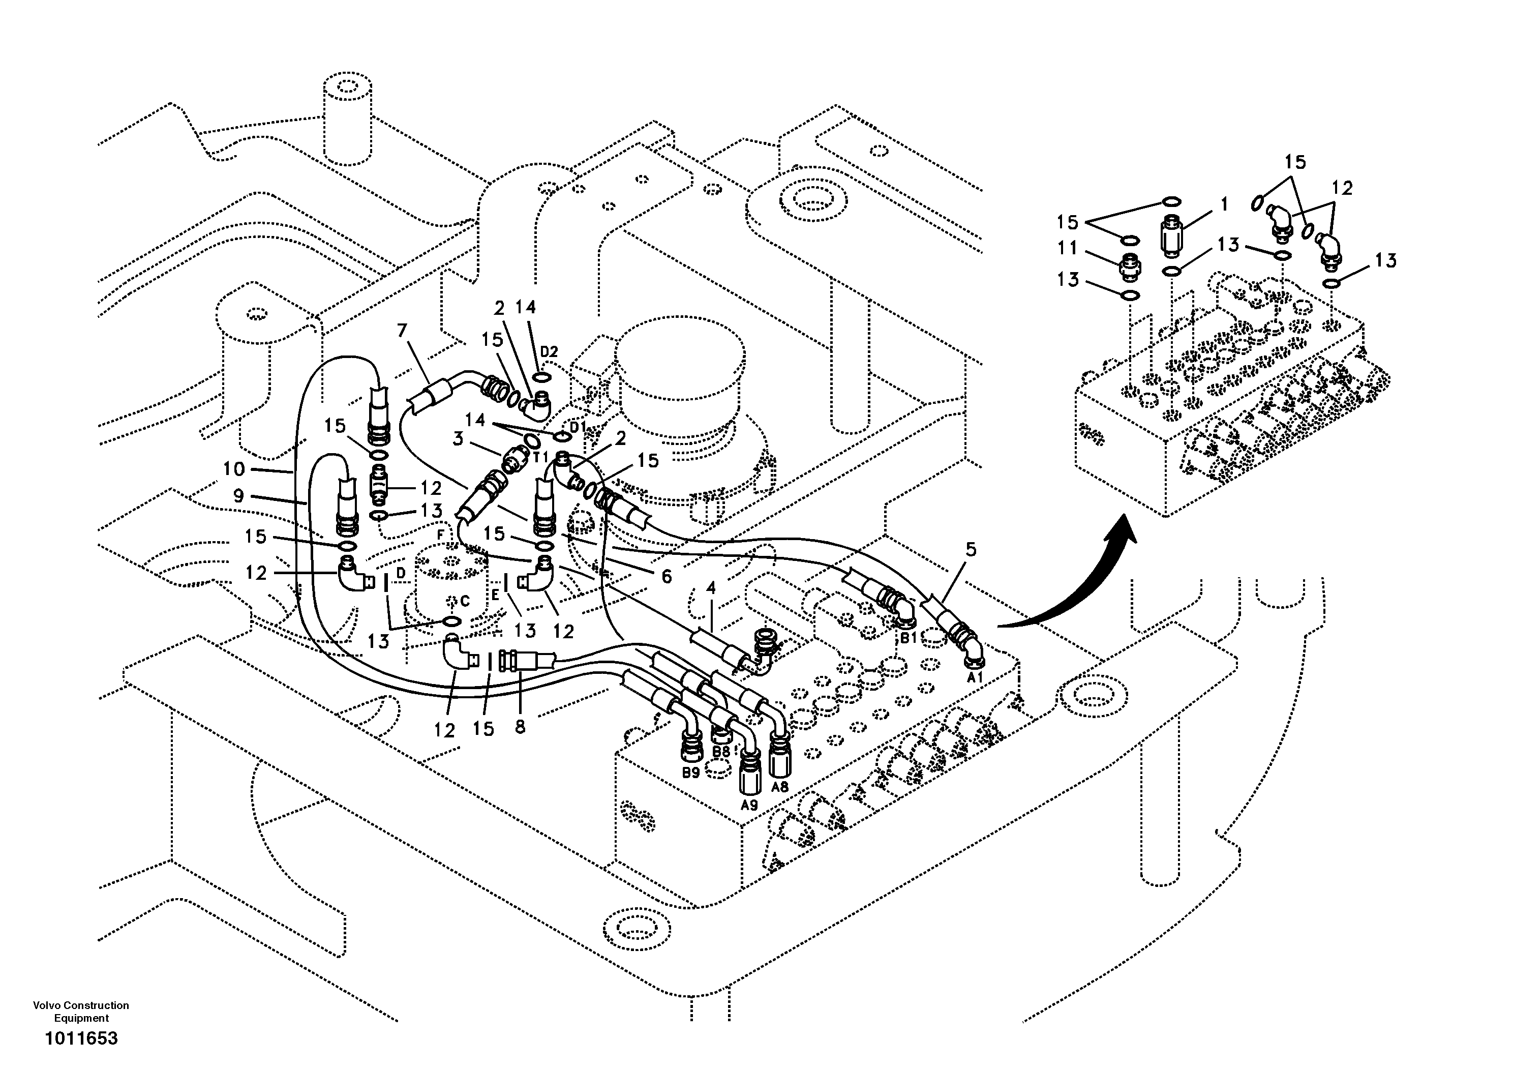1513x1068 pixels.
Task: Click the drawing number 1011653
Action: [81, 1039]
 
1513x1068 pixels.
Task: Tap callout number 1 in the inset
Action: [1224, 204]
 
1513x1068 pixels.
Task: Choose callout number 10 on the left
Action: [234, 469]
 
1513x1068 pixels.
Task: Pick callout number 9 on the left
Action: [238, 496]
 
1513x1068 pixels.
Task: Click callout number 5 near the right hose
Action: [971, 549]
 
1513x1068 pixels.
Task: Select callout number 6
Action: [666, 576]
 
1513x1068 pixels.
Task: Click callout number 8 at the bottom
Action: [520, 727]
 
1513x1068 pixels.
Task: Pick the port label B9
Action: [690, 773]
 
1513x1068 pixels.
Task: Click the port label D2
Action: [549, 351]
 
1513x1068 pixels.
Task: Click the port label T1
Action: [540, 457]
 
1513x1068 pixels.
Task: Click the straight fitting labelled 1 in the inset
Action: [1172, 238]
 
